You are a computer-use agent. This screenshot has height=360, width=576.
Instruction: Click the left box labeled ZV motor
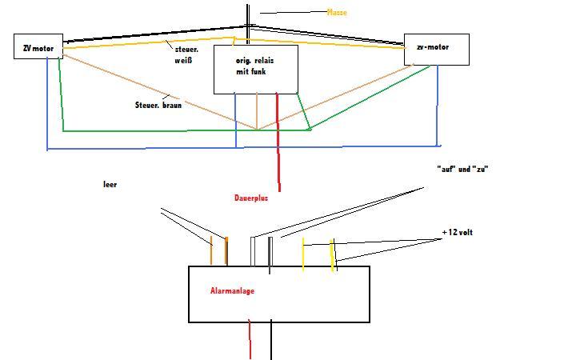[x=38, y=46]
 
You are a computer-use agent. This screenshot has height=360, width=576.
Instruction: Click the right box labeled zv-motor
[x=436, y=49]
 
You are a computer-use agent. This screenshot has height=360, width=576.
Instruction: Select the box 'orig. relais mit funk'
[x=255, y=69]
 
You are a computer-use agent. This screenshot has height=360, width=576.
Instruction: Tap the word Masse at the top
[x=337, y=13]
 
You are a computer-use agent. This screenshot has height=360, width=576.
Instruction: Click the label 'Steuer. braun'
[x=158, y=105]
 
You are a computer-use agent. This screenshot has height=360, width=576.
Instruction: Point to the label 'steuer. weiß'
[x=186, y=54]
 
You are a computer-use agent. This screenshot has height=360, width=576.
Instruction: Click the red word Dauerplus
[x=251, y=198]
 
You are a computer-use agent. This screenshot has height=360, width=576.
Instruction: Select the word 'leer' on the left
[x=110, y=184]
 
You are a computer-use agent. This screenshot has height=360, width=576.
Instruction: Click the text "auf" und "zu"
[x=462, y=170]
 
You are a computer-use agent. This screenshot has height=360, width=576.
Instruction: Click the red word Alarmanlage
[x=232, y=291]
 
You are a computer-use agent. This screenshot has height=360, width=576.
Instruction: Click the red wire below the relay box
[x=279, y=152]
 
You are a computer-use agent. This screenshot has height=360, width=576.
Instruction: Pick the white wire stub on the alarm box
[x=253, y=250]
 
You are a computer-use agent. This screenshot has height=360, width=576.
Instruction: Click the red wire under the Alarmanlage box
[x=250, y=340]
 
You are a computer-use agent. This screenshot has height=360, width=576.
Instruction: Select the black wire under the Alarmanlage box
[x=271, y=340]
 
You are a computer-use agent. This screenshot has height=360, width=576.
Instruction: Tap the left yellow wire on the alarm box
[x=302, y=254]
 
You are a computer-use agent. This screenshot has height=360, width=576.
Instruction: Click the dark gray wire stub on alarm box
[x=270, y=253]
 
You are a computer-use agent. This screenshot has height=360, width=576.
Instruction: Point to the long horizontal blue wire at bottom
[x=240, y=147]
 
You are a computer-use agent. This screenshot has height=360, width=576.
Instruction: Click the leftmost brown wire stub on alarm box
[x=211, y=251]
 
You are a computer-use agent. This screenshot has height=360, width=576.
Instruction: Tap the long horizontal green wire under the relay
[x=184, y=130]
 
